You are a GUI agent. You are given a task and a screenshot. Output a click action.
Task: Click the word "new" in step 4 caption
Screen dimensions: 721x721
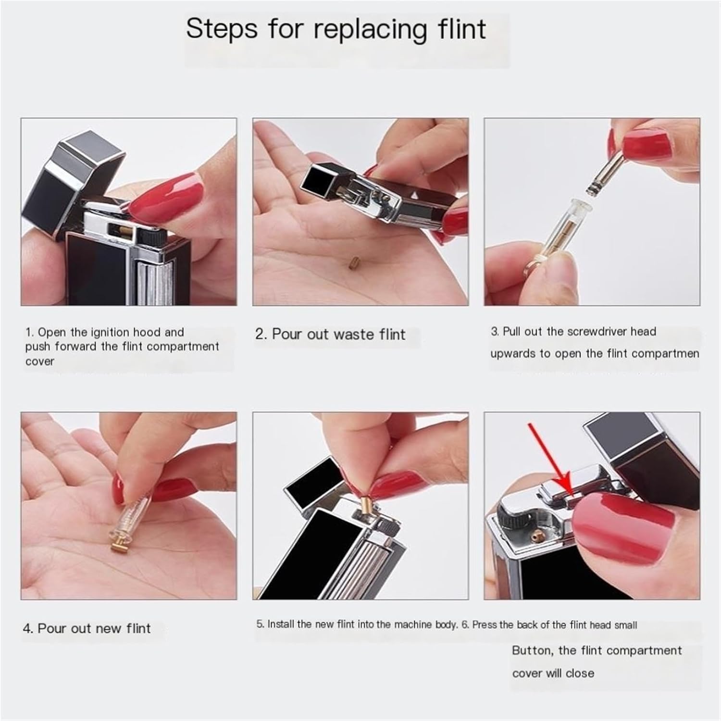pyautogui.click(x=110, y=629)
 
